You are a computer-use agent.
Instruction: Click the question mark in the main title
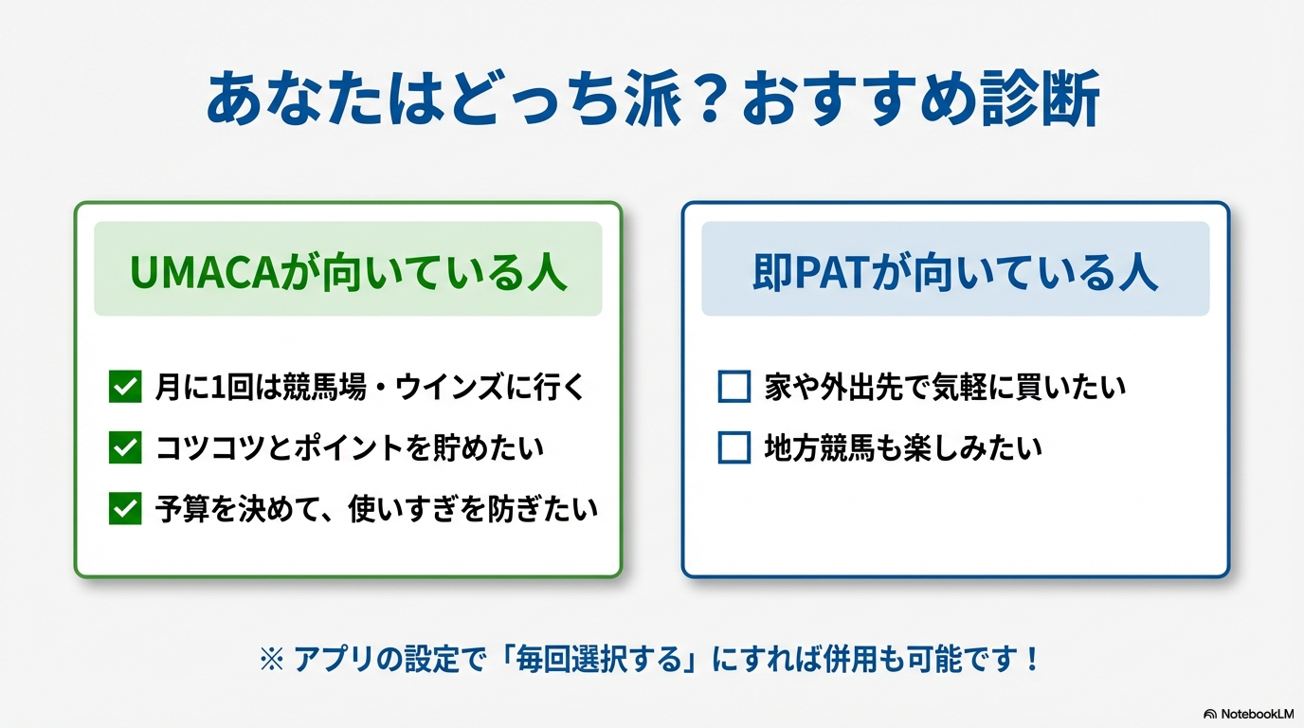(710, 99)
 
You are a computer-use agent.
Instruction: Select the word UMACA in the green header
(205, 272)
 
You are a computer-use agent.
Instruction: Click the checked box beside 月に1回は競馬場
(125, 386)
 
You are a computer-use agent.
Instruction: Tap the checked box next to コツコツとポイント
(125, 447)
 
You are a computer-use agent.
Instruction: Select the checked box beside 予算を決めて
(125, 508)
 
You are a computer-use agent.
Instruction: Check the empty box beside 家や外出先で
(734, 386)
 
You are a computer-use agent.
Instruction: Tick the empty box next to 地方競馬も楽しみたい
(734, 447)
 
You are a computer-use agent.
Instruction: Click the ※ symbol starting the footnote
(272, 660)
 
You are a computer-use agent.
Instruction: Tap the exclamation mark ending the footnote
(1032, 659)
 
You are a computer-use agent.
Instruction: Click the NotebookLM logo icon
(1210, 714)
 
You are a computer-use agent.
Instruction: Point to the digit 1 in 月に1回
(217, 388)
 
